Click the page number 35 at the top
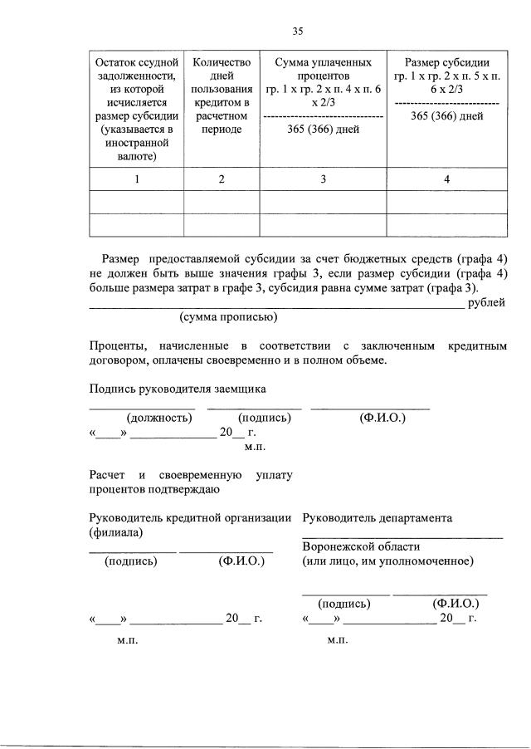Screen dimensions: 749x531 click(297, 32)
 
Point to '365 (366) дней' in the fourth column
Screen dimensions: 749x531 click(446, 115)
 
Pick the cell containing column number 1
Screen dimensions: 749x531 click(136, 179)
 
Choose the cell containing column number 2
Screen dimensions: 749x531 click(221, 179)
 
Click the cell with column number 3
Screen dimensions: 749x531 click(323, 179)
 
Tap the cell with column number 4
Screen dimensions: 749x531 click(446, 179)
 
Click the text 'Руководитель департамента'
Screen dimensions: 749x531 click(378, 518)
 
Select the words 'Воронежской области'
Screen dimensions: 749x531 click(361, 547)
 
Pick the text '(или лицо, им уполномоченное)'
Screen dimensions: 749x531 click(388, 561)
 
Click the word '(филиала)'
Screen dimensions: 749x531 click(115, 532)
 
